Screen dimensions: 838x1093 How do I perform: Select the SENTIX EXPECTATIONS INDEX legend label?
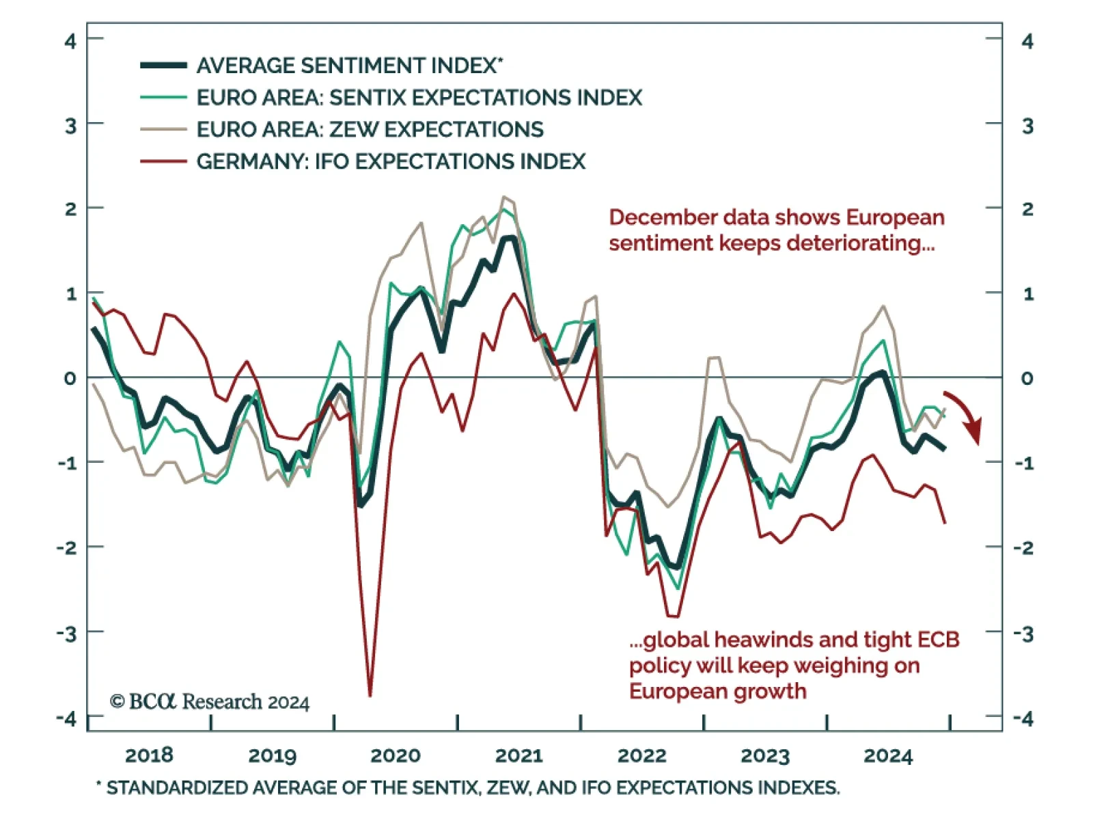click(x=419, y=98)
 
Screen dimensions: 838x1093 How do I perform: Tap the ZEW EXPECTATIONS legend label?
click(x=370, y=129)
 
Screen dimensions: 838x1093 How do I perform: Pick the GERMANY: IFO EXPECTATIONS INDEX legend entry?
click(x=391, y=161)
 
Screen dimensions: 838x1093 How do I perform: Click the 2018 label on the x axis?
click(x=149, y=755)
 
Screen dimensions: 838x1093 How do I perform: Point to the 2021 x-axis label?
click(x=518, y=755)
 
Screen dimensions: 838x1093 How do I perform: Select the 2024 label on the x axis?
click(x=887, y=755)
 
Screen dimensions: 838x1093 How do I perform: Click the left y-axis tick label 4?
click(x=70, y=41)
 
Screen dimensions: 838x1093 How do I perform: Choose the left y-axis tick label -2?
click(x=67, y=548)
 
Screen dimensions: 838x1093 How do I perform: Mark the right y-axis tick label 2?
click(x=1027, y=209)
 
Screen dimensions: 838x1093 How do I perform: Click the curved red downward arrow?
click(x=965, y=416)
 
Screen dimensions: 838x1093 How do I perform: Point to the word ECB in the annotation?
click(x=939, y=640)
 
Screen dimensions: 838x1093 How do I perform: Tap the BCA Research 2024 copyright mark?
click(x=210, y=702)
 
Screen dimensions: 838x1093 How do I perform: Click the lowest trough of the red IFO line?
click(x=370, y=695)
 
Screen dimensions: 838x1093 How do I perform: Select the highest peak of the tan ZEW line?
click(x=504, y=197)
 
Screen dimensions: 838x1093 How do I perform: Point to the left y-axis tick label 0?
click(x=70, y=378)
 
